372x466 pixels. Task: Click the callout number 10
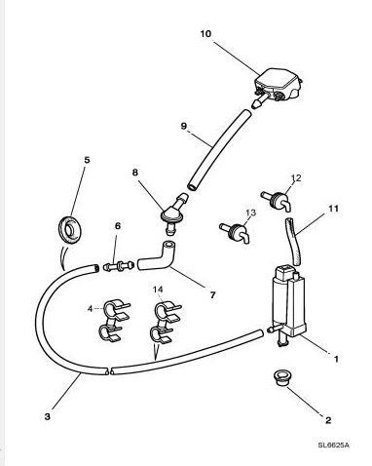tap(205, 34)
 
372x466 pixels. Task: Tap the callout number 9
tap(184, 126)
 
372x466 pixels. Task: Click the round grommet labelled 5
tap(69, 228)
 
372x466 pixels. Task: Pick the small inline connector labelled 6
tap(118, 266)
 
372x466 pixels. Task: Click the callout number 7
tap(212, 295)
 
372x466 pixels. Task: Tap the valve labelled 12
tap(278, 199)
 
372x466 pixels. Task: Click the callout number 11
tap(333, 209)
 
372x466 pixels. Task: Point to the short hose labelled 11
tap(294, 242)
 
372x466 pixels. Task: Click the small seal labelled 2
tap(281, 377)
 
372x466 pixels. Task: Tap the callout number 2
tap(328, 420)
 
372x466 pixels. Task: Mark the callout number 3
tap(48, 416)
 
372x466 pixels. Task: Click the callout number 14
tap(158, 289)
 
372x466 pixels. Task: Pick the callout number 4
tap(91, 308)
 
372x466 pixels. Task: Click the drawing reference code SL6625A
tap(334, 445)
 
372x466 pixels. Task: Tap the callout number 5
tap(87, 160)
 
